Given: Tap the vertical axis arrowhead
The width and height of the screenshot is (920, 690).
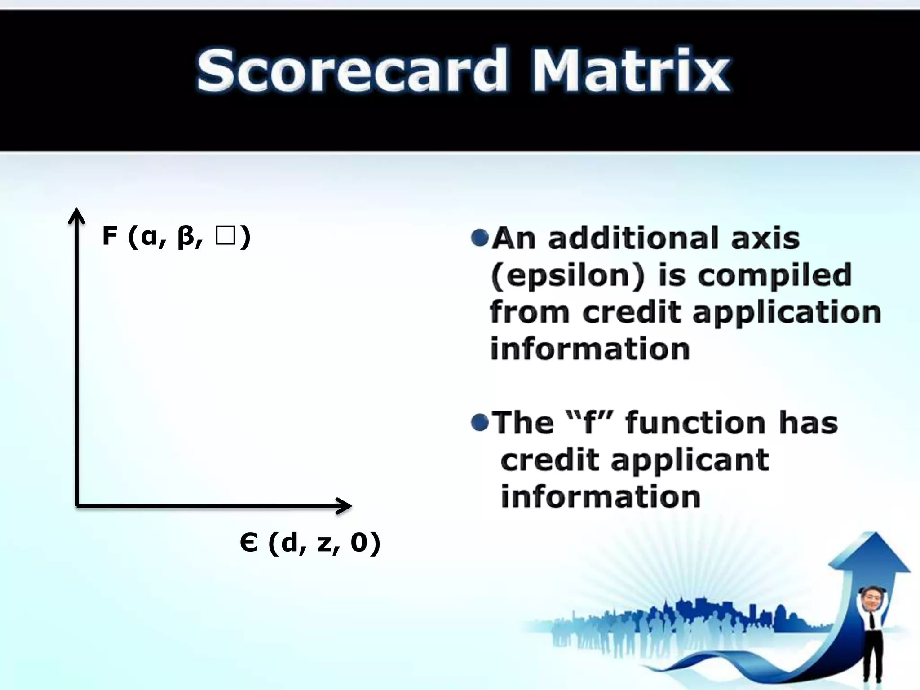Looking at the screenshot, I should (x=77, y=215).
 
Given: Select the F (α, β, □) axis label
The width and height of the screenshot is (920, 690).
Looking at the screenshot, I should (x=176, y=236).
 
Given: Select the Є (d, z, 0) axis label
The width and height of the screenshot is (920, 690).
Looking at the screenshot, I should (x=310, y=543).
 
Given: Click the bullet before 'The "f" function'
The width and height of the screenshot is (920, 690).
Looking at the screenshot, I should (x=480, y=422).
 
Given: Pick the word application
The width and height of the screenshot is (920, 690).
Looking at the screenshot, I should (x=787, y=313).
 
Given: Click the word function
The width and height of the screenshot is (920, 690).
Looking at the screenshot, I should (x=695, y=423).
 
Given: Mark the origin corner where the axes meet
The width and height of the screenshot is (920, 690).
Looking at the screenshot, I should (x=77, y=506).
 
